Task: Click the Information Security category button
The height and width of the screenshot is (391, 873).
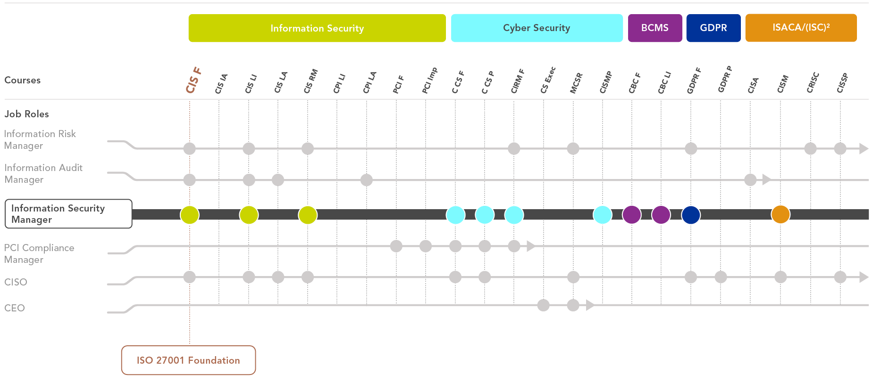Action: (x=317, y=28)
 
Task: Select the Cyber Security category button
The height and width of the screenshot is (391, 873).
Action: (x=537, y=28)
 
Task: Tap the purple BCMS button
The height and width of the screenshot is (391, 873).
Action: (x=655, y=28)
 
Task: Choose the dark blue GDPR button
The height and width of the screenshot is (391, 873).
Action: (x=714, y=28)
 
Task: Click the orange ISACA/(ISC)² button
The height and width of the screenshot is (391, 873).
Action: (x=801, y=28)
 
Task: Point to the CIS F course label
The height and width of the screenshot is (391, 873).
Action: (x=193, y=80)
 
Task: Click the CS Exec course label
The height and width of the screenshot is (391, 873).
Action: (x=548, y=80)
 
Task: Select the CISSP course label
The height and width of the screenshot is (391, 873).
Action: (x=842, y=83)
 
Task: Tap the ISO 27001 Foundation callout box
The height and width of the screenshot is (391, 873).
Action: (x=188, y=360)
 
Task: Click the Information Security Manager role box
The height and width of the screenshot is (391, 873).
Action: (x=68, y=214)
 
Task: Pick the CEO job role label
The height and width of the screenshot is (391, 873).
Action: (x=15, y=308)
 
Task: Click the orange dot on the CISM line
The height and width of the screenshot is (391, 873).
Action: (x=781, y=214)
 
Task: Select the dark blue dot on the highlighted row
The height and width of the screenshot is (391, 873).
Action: (x=691, y=214)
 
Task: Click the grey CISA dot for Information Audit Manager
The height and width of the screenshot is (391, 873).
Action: (x=750, y=179)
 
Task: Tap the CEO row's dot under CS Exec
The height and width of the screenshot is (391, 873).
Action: (x=544, y=305)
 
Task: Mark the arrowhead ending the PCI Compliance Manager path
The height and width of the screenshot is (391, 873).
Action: (x=531, y=246)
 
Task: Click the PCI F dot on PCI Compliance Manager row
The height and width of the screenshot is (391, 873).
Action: (x=396, y=246)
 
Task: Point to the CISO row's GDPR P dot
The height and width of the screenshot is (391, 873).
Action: (x=721, y=277)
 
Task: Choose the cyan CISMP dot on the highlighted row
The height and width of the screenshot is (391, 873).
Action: (x=603, y=214)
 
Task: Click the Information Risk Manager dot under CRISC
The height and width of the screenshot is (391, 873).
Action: (x=811, y=148)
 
